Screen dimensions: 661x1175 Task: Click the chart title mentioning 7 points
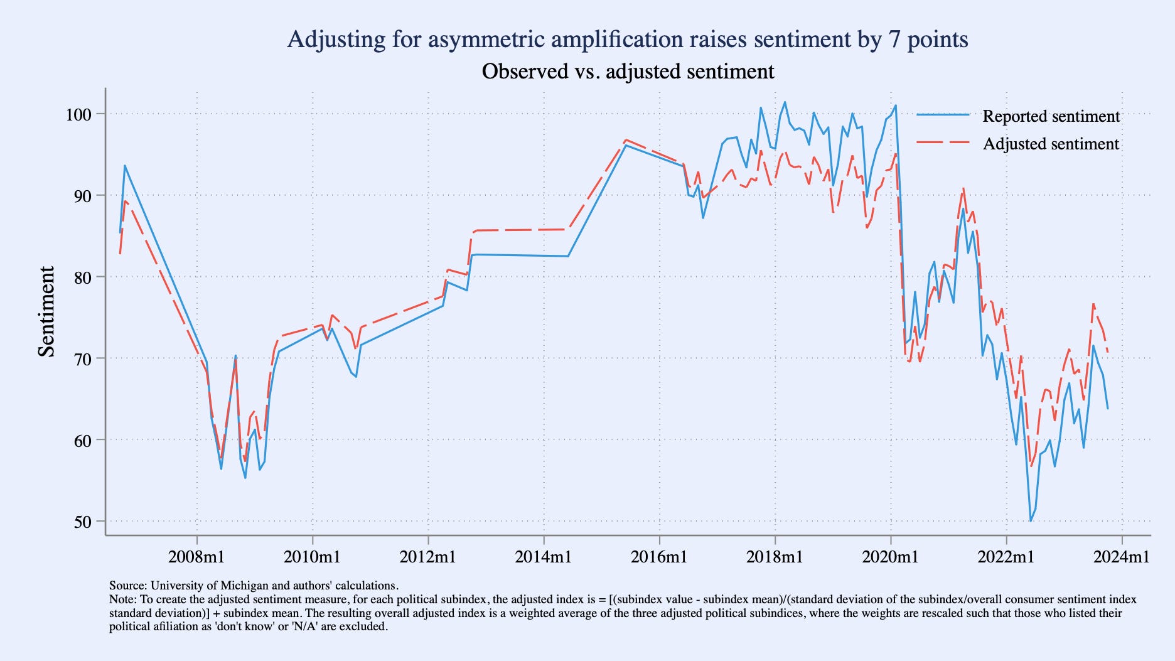pos(627,40)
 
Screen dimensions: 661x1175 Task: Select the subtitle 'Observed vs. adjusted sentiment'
pos(627,72)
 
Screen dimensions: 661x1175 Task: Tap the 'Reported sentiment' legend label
pos(1051,116)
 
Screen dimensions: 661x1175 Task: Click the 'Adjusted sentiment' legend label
pos(1051,144)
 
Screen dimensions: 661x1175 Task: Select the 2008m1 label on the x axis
pos(196,556)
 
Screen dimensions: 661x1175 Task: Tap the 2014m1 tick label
pos(544,556)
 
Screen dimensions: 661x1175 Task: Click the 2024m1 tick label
pos(1122,556)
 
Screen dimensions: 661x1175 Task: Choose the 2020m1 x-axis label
pos(890,556)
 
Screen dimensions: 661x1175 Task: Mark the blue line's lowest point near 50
pos(1030,521)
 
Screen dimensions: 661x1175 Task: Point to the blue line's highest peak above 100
pos(785,102)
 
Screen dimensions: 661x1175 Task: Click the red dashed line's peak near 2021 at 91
pos(963,188)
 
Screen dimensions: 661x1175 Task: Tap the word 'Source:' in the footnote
pos(128,586)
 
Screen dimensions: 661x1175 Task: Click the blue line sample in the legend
pos(943,116)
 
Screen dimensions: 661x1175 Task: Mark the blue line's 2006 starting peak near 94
pos(125,166)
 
